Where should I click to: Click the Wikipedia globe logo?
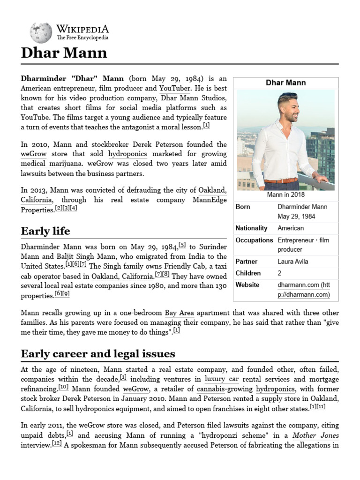click(x=41, y=33)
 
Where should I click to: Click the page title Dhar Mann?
click(x=64, y=52)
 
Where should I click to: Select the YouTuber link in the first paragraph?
click(x=174, y=88)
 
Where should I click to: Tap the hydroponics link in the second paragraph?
click(x=127, y=154)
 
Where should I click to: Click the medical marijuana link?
click(x=51, y=164)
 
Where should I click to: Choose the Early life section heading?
click(x=45, y=231)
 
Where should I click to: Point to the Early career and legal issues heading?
click(x=98, y=353)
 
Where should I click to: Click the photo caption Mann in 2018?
click(x=285, y=195)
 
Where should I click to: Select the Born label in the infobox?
click(x=243, y=207)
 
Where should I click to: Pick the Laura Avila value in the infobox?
click(x=293, y=262)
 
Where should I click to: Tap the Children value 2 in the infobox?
click(x=279, y=273)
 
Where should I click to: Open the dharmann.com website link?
click(x=303, y=290)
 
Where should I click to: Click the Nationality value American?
click(x=291, y=228)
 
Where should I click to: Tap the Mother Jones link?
click(x=315, y=435)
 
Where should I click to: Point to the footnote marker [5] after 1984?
click(x=182, y=245)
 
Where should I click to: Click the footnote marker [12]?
click(x=57, y=443)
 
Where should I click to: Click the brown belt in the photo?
click(x=280, y=181)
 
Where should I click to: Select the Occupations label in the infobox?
click(x=254, y=240)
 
